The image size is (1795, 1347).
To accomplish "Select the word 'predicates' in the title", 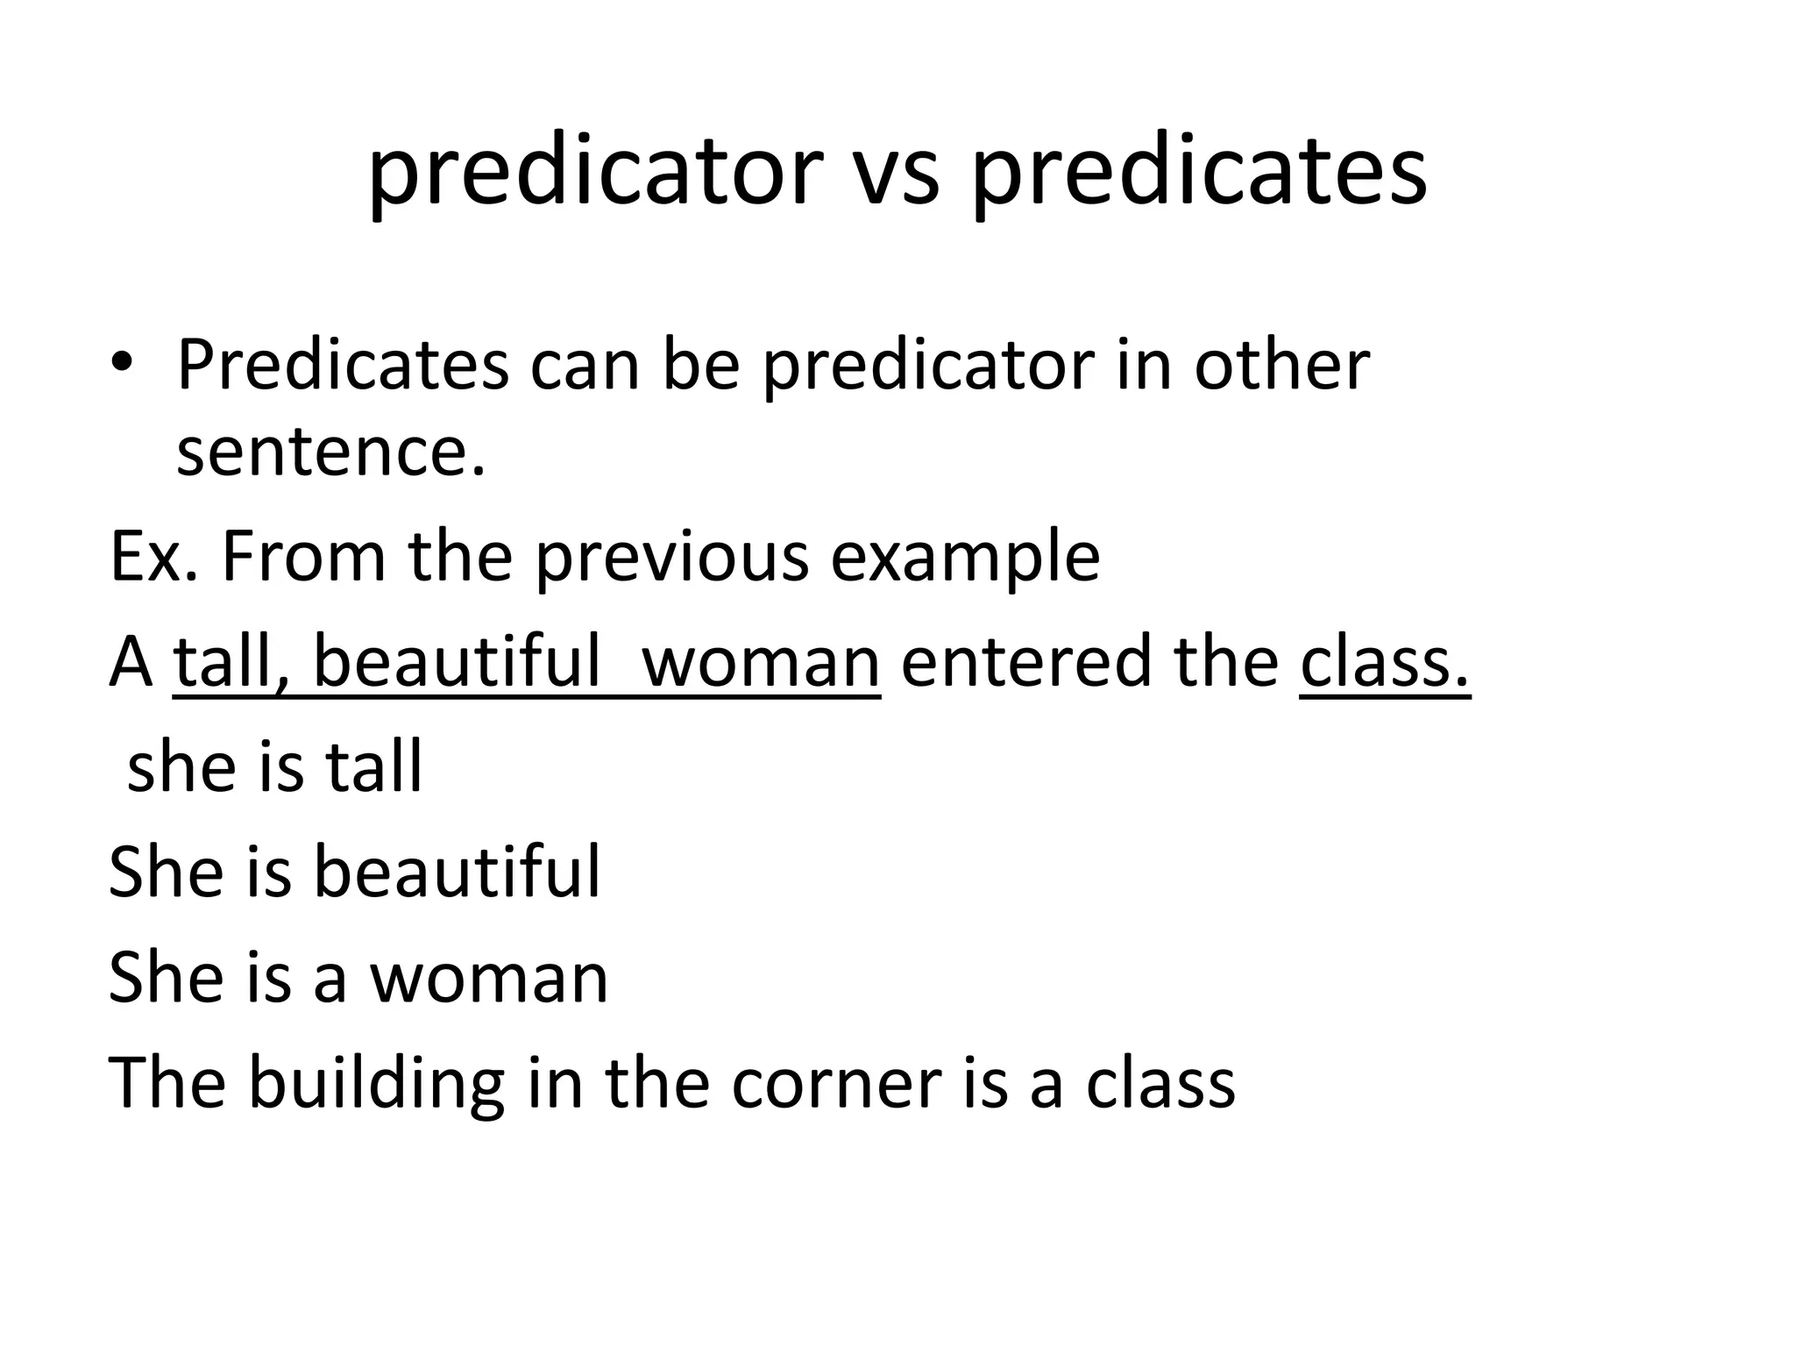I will tap(1199, 172).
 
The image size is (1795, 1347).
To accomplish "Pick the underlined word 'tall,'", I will tap(231, 661).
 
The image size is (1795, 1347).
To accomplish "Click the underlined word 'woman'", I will tap(760, 663).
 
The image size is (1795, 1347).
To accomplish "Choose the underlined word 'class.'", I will tap(1384, 661).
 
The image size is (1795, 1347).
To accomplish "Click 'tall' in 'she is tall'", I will tap(374, 766).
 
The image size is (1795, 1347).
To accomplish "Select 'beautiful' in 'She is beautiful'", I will tap(457, 872).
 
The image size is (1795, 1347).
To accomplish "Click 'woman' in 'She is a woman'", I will tap(489, 979).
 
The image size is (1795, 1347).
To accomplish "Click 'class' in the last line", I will tap(1160, 1084).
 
